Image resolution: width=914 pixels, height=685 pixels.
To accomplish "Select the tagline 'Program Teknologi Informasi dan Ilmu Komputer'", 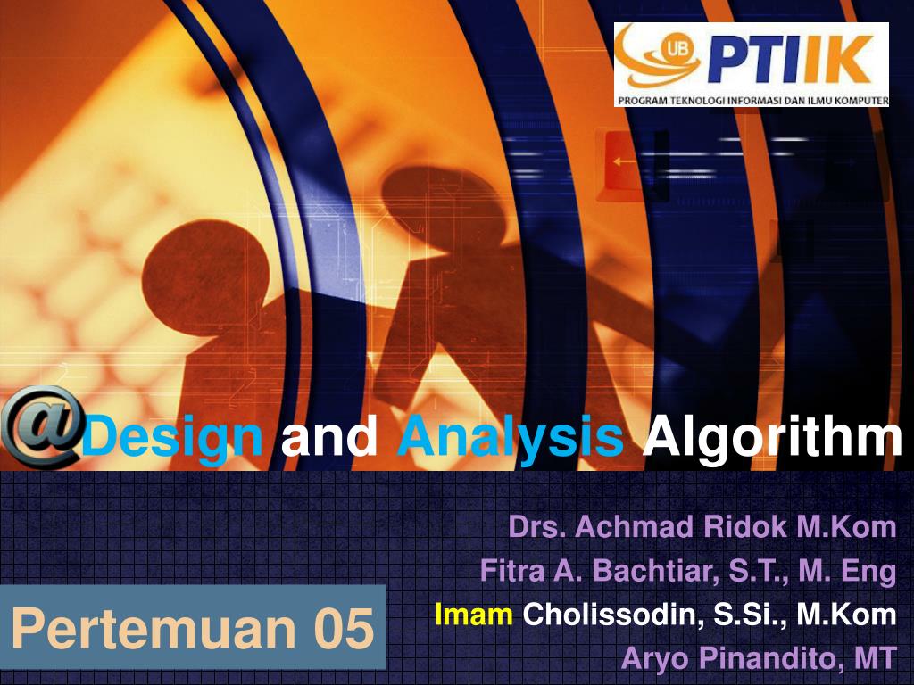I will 752,100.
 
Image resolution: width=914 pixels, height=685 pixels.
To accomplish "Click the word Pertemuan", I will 153,627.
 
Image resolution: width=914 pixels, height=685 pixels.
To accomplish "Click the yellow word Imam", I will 473,615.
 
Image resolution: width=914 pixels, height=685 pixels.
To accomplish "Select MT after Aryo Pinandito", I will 875,659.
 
